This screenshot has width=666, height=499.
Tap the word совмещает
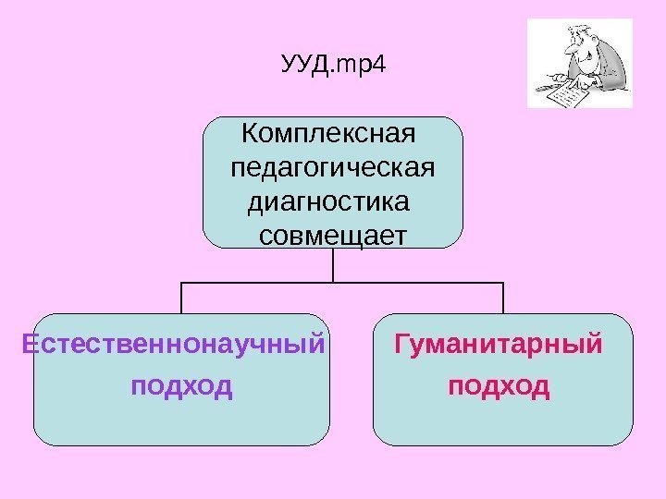pyautogui.click(x=332, y=236)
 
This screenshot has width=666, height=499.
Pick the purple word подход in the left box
pyautogui.click(x=181, y=383)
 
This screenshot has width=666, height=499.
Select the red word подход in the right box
pyautogui.click(x=499, y=383)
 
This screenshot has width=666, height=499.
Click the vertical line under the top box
pyautogui.click(x=332, y=265)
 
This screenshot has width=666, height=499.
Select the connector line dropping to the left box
pyautogui.click(x=181, y=298)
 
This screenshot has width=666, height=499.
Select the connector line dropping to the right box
pyautogui.click(x=503, y=298)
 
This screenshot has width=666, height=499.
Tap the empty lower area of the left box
pyautogui.click(x=181, y=423)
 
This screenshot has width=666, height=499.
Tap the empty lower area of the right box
pyautogui.click(x=503, y=423)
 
